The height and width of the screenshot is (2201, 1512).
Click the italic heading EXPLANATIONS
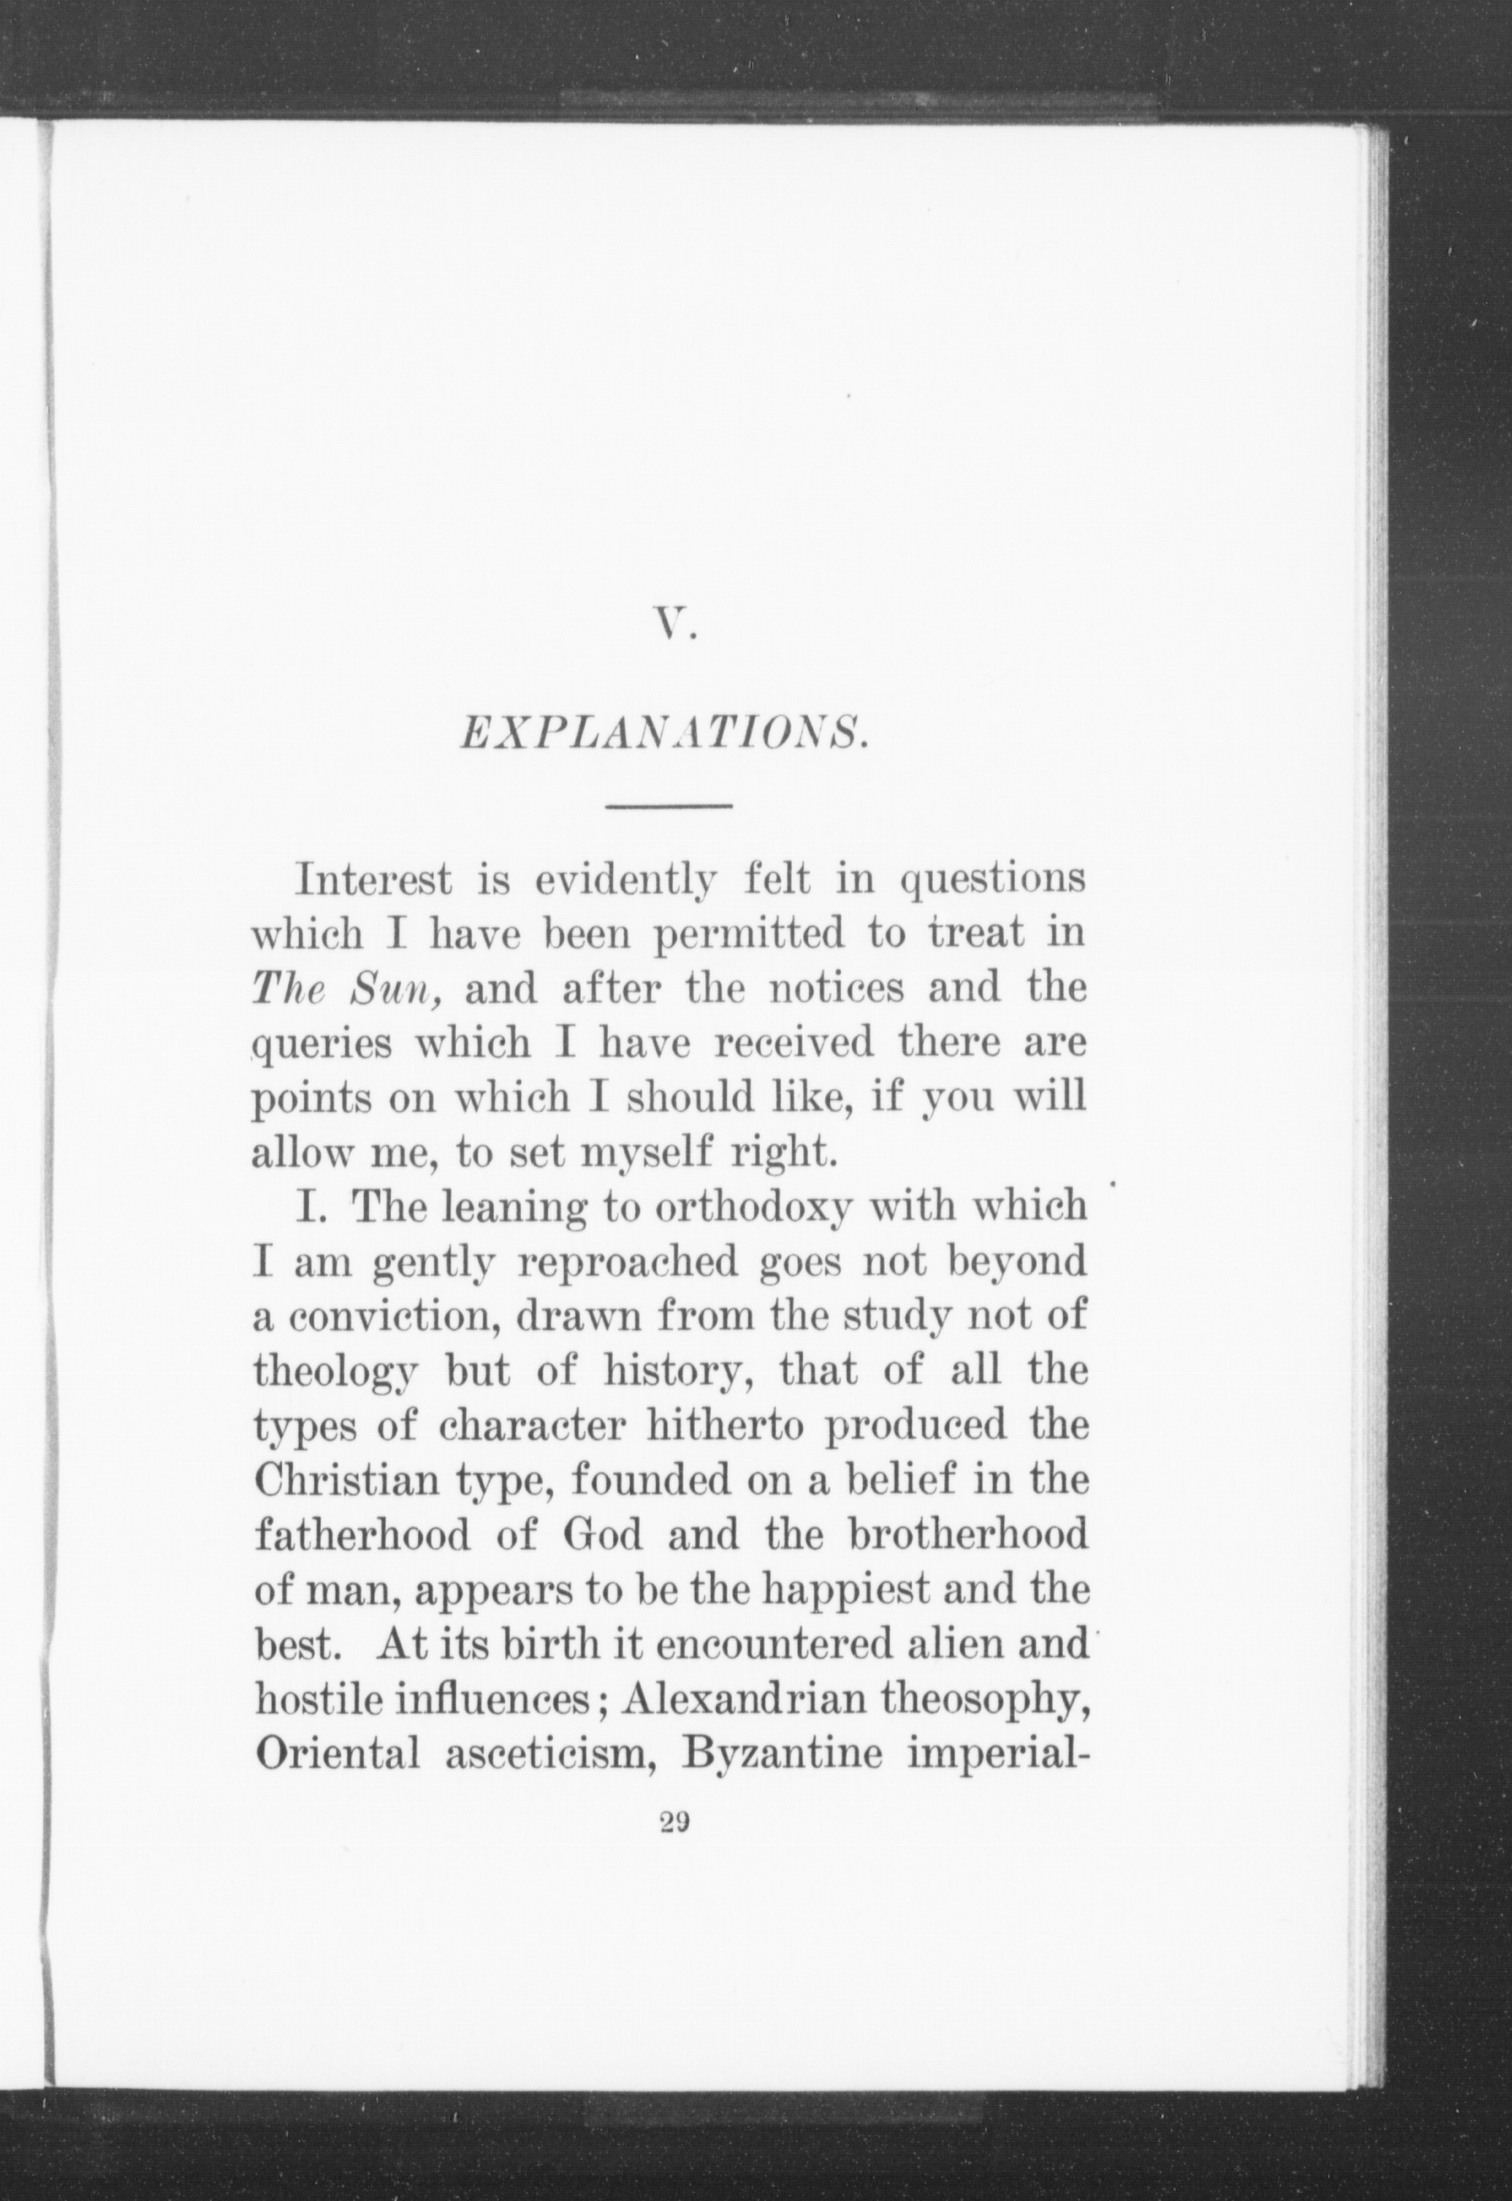[x=663, y=734]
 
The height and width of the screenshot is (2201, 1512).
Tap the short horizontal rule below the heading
[x=669, y=806]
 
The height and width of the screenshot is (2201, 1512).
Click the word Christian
[x=345, y=1481]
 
